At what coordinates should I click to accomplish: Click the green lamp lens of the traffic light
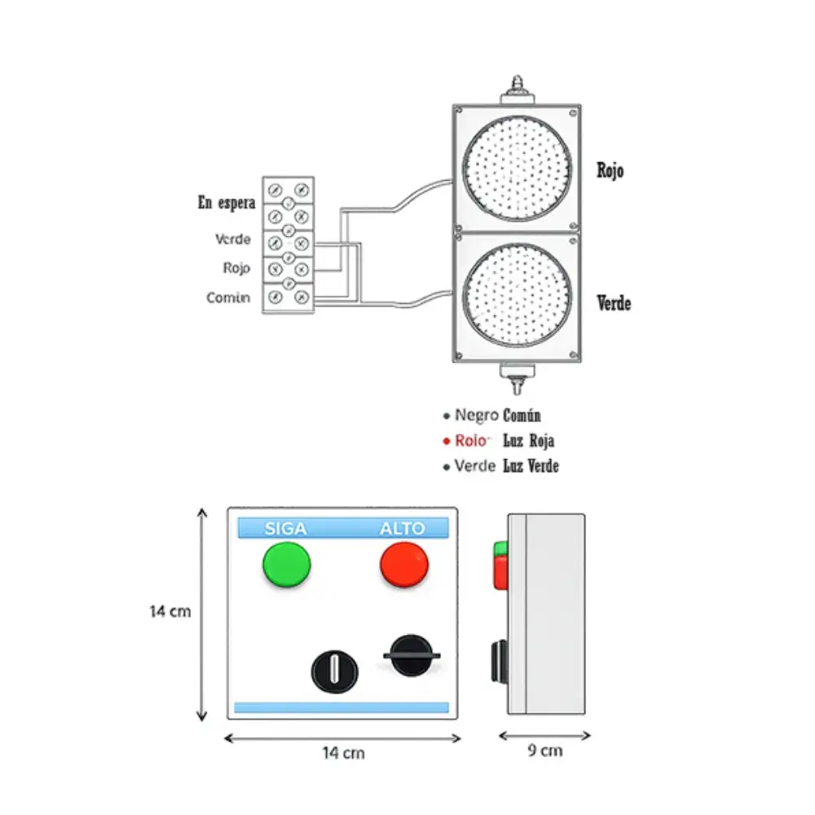point(517,297)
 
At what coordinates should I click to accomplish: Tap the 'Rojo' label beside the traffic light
point(610,171)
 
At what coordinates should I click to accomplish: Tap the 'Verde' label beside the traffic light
point(614,303)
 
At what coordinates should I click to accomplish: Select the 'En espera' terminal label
point(227,203)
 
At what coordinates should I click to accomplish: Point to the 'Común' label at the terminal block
point(228,298)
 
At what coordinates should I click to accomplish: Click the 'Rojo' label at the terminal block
point(236,268)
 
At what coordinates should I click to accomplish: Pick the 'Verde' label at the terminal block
point(233,240)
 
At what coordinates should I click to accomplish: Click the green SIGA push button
point(286,564)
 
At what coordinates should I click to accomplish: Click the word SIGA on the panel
point(286,529)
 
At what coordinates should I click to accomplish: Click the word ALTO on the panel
point(403,529)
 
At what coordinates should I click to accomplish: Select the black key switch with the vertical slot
point(334,672)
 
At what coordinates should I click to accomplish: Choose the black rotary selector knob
point(411,656)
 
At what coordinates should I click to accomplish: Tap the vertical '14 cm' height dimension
point(170,611)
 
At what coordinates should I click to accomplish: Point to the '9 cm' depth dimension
point(545,751)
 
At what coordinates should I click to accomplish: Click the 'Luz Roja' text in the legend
point(529,441)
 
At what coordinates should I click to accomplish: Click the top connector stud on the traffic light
point(516,87)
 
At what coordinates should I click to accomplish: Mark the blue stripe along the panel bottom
point(341,707)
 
